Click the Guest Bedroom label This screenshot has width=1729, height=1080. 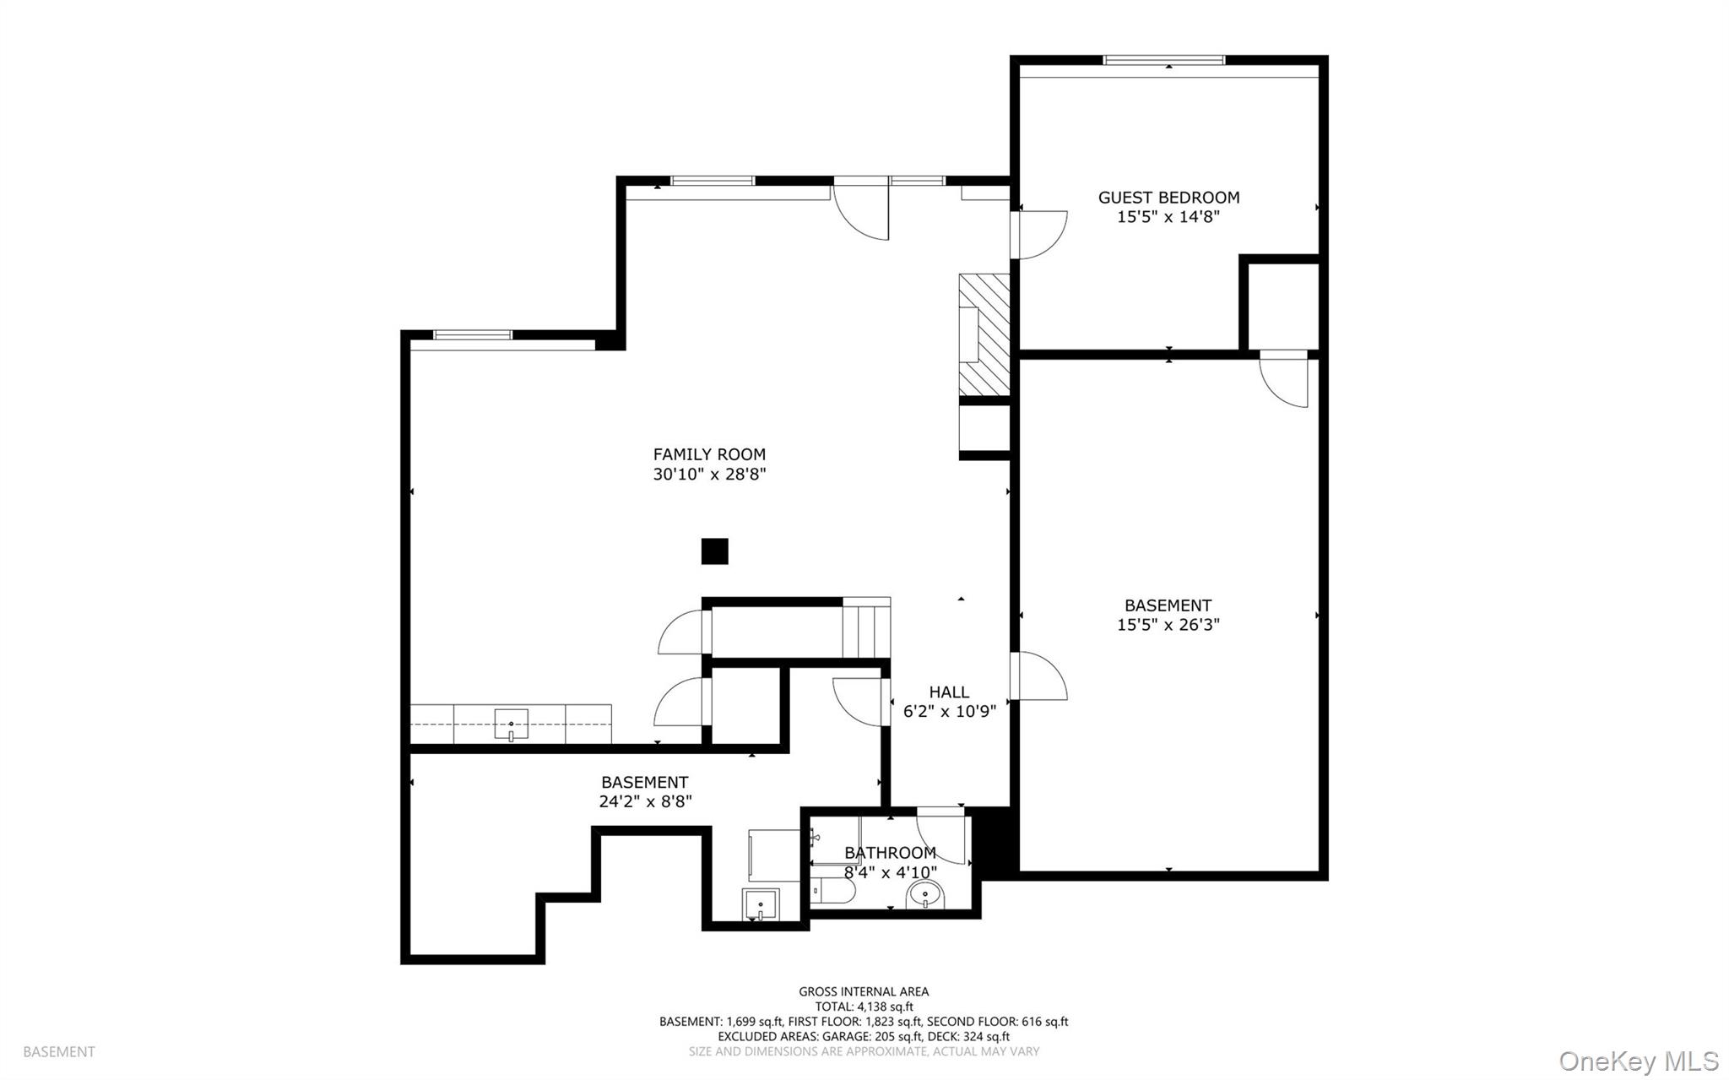(x=1168, y=198)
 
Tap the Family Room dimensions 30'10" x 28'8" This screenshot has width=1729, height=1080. (x=709, y=475)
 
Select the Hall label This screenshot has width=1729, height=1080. (x=949, y=692)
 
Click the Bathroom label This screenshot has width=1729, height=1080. (x=890, y=853)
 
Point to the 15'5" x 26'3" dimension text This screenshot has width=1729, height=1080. (x=1168, y=625)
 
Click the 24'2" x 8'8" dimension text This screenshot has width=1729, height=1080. (x=645, y=801)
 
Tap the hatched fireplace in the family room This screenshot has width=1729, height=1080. (x=984, y=334)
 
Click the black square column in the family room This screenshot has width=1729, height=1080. (x=714, y=551)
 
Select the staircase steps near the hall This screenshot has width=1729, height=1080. (x=867, y=630)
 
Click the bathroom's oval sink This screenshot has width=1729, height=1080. (x=927, y=894)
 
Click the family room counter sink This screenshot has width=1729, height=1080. (x=511, y=725)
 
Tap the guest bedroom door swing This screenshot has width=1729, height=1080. (x=1041, y=235)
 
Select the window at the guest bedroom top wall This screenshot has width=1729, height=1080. (x=1164, y=60)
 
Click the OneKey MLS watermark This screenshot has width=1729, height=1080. (x=1638, y=1061)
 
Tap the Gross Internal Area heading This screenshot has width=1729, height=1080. (x=864, y=991)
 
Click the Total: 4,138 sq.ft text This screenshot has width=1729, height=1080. (x=864, y=1007)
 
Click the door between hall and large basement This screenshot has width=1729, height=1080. (x=1039, y=676)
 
